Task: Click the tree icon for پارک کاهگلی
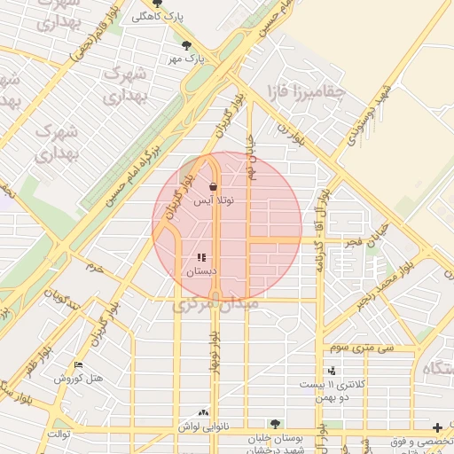tap(158, 4)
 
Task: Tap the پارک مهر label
tap(189, 59)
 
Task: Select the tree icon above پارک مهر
tap(185, 45)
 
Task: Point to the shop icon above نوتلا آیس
tap(213, 187)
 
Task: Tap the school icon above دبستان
tap(200, 258)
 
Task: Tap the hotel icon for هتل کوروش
tap(78, 365)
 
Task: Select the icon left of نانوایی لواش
tap(204, 413)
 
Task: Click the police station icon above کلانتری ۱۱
tap(332, 371)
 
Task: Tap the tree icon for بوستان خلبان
tap(275, 424)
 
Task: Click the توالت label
tap(59, 434)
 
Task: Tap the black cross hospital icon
tap(437, 427)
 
